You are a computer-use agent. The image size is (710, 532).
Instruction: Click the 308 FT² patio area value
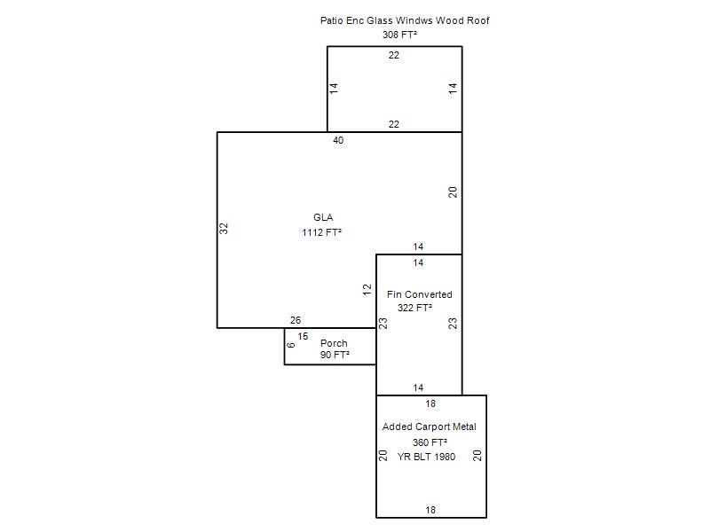(x=399, y=35)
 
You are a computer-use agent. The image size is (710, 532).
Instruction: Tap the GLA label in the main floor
(x=323, y=217)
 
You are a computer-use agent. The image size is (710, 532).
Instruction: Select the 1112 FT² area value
(x=321, y=232)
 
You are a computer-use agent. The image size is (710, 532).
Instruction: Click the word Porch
(x=334, y=343)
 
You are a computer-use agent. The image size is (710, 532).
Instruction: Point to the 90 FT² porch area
(x=335, y=355)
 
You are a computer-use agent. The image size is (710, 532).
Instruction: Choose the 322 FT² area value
(x=414, y=308)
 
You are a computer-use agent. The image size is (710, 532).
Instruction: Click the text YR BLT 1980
(x=426, y=457)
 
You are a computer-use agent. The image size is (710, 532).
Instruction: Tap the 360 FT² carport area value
(x=430, y=442)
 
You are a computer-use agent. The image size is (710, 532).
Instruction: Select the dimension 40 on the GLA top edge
(x=338, y=140)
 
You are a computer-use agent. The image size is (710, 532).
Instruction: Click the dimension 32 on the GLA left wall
(x=224, y=229)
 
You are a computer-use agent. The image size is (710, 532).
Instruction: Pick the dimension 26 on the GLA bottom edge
(x=296, y=320)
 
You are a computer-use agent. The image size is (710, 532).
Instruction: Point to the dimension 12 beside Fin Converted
(x=367, y=290)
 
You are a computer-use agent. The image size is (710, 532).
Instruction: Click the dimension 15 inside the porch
(x=303, y=336)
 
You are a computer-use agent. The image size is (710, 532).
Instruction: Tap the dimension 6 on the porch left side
(x=291, y=345)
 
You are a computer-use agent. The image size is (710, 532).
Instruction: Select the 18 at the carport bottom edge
(x=430, y=510)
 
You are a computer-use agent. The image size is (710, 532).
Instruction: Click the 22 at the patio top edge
(x=394, y=55)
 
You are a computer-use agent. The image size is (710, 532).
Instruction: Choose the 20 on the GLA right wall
(x=453, y=192)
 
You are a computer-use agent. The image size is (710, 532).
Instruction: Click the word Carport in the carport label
(x=432, y=426)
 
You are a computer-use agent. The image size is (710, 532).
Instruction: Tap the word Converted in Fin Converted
(x=428, y=294)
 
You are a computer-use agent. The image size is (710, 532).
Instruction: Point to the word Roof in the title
(x=478, y=20)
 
